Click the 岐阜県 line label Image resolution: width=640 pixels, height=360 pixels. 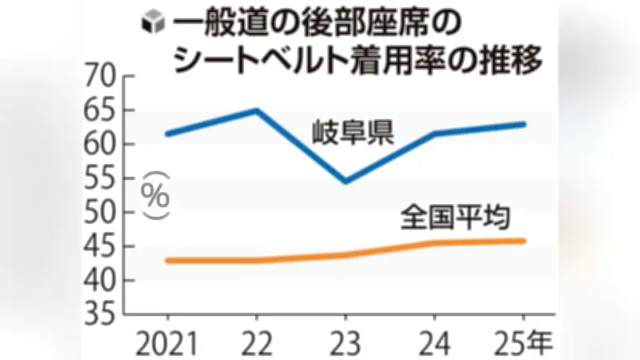click(x=352, y=132)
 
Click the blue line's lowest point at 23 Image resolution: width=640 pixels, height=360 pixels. click(x=345, y=182)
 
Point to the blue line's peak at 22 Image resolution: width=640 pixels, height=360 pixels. click(x=256, y=110)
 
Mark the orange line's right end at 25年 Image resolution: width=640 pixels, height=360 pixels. click(x=524, y=240)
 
